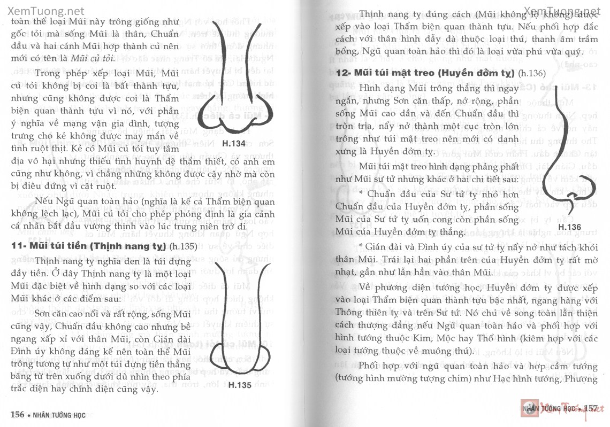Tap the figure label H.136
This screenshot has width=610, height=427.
[x=569, y=227]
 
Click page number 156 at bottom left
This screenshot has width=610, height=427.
[x=18, y=413]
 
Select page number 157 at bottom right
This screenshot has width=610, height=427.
[x=590, y=408]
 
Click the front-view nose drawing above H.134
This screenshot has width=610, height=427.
[x=235, y=77]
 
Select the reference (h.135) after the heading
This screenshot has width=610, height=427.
[x=182, y=247]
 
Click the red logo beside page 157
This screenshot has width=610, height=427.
[x=528, y=408]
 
